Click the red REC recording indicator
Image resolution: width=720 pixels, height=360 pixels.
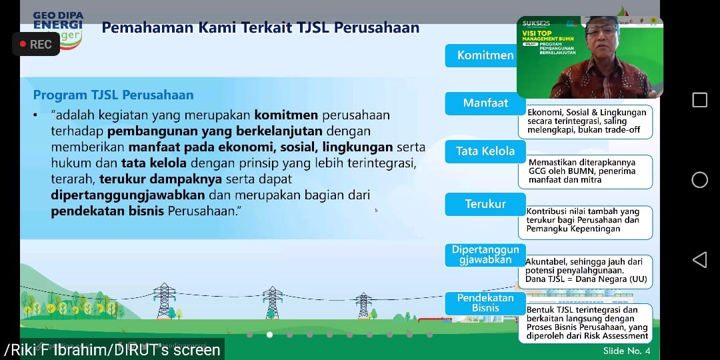(x=36, y=45)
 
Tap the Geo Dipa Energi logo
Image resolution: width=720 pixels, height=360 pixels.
(x=58, y=27)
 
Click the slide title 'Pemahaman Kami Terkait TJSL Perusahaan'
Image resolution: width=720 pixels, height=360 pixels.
(x=260, y=28)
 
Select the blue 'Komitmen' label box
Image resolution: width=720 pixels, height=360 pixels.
(x=485, y=55)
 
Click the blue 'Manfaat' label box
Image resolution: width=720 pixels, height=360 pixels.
(x=485, y=103)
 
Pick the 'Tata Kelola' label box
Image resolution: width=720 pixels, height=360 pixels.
(x=485, y=151)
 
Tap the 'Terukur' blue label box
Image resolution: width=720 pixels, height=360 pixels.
(x=485, y=204)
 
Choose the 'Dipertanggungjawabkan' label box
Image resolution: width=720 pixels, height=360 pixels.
(x=485, y=255)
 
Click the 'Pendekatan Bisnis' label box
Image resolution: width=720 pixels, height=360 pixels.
(x=485, y=303)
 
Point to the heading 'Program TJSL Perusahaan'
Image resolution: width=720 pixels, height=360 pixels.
(x=113, y=95)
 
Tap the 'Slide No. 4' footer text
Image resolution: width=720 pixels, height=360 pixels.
(x=626, y=351)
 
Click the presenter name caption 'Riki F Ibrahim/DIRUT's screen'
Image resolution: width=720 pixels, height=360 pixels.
(x=113, y=350)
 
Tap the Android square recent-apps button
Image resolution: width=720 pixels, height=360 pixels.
(x=699, y=100)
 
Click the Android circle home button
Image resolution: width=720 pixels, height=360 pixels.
(x=699, y=180)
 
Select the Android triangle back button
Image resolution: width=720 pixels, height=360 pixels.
(x=699, y=260)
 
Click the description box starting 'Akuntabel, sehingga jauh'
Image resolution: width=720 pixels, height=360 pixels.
(x=588, y=271)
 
